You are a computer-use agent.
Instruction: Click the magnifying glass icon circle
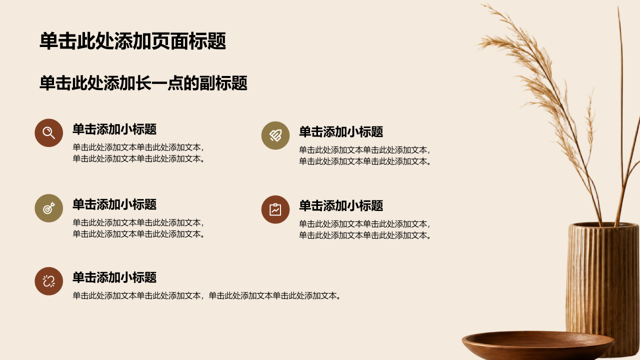pyautogui.click(x=49, y=133)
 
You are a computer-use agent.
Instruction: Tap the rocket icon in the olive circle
pyautogui.click(x=275, y=135)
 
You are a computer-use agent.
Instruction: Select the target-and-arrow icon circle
pyautogui.click(x=49, y=208)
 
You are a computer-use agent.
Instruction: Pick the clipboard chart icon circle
pyautogui.click(x=275, y=209)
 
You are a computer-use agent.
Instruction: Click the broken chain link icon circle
pyautogui.click(x=49, y=281)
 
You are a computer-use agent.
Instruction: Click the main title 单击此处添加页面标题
pyautogui.click(x=133, y=41)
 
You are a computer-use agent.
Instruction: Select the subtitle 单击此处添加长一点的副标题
pyautogui.click(x=143, y=83)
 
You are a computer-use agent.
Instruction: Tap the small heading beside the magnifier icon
pyautogui.click(x=114, y=129)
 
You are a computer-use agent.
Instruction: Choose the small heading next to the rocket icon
pyautogui.click(x=341, y=131)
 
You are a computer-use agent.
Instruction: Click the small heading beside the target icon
pyautogui.click(x=114, y=204)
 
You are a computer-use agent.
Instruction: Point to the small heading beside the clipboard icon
pyautogui.click(x=341, y=205)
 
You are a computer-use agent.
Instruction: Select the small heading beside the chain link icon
pyautogui.click(x=114, y=277)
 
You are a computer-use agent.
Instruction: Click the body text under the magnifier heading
pyautogui.click(x=138, y=153)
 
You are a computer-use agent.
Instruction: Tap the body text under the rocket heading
pyautogui.click(x=365, y=155)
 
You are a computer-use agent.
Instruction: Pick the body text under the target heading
pyautogui.click(x=138, y=228)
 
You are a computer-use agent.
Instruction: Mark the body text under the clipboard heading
pyautogui.click(x=365, y=229)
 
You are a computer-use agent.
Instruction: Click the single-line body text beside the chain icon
pyautogui.click(x=206, y=295)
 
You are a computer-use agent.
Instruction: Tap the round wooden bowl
pyautogui.click(x=537, y=344)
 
